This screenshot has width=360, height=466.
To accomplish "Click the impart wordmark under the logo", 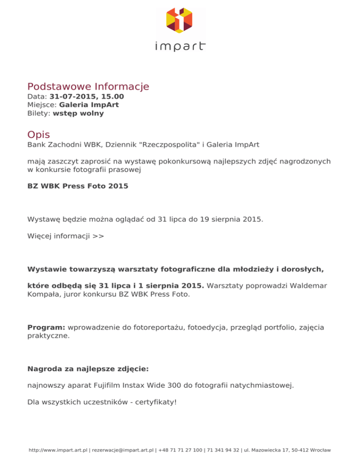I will (x=180, y=46).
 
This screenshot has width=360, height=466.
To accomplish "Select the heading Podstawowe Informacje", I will (x=88, y=87).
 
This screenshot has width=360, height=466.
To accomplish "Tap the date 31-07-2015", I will (x=74, y=97).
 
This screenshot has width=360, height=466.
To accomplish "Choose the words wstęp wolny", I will (x=78, y=113).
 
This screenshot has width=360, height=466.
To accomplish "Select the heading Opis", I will (x=38, y=135).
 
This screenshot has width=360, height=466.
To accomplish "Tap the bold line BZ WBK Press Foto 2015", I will (x=77, y=186).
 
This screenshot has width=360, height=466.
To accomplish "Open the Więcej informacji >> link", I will (x=66, y=236).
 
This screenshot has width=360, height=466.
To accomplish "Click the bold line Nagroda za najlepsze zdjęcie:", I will (x=88, y=369).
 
